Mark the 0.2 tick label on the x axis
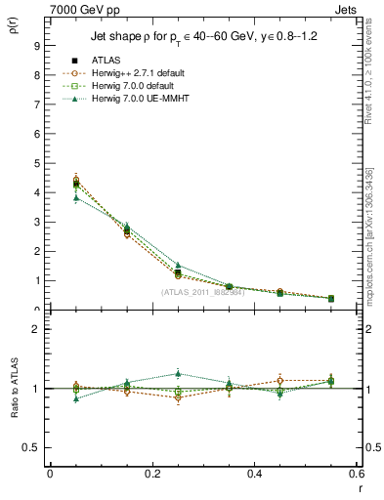pos(151,474)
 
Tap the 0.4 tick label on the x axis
pos(254,474)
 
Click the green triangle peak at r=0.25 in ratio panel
pos(177,373)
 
